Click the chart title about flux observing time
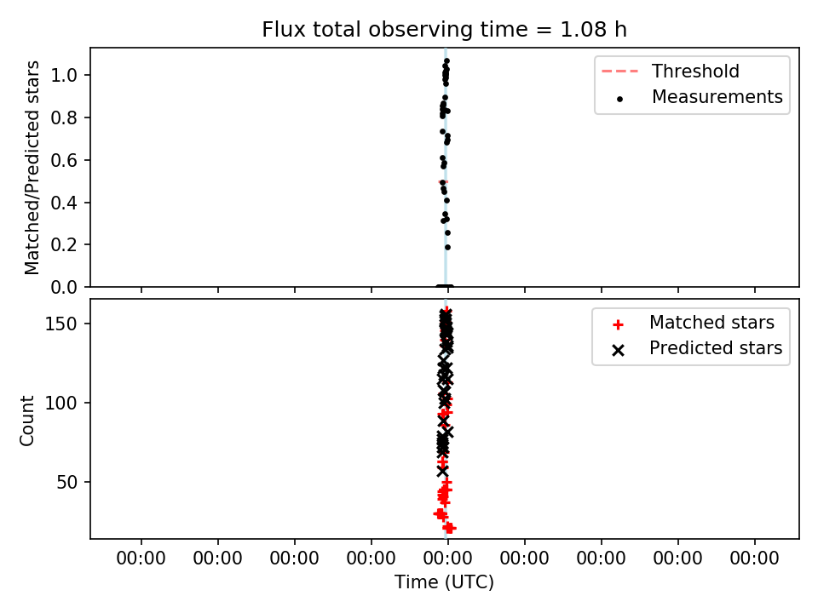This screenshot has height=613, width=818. click(444, 30)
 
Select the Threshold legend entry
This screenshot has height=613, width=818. click(671, 72)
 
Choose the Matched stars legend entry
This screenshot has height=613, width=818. click(694, 323)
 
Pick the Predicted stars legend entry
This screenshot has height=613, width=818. click(697, 348)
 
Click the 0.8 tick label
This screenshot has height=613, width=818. click(64, 117)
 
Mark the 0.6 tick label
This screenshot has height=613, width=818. click(64, 160)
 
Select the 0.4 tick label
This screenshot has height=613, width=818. click(64, 203)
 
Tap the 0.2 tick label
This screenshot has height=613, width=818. click(64, 244)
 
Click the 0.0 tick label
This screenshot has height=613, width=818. click(64, 287)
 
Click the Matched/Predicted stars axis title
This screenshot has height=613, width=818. click(32, 168)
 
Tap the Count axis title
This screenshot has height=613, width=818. click(26, 421)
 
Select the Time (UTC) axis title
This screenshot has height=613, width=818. click(444, 581)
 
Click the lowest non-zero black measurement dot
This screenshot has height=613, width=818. click(447, 248)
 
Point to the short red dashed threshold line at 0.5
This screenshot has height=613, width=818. click(443, 182)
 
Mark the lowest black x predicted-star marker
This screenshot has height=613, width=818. click(442, 471)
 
